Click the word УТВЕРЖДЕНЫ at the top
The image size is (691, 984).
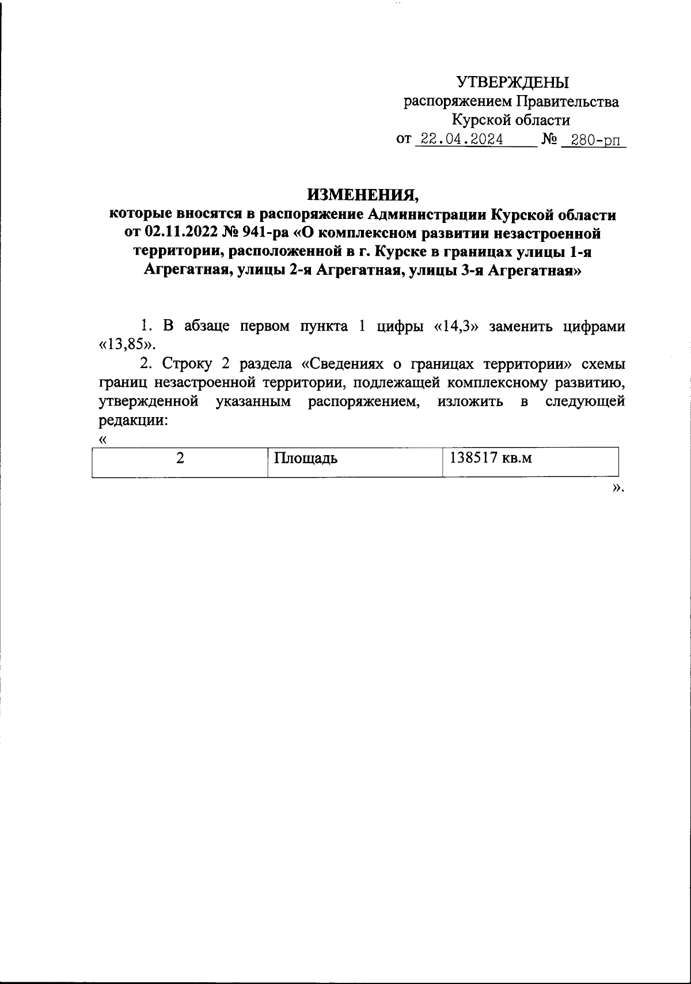[x=512, y=82]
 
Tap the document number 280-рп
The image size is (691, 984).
[x=594, y=140]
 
